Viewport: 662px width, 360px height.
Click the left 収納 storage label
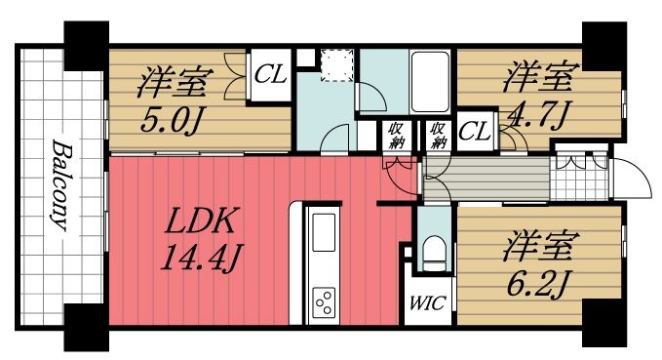coord(397,135)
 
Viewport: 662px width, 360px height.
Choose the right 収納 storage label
coord(437,135)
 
